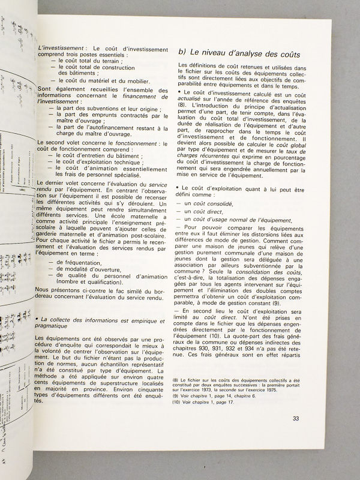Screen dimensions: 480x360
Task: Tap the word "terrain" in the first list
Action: coord(119,61)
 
